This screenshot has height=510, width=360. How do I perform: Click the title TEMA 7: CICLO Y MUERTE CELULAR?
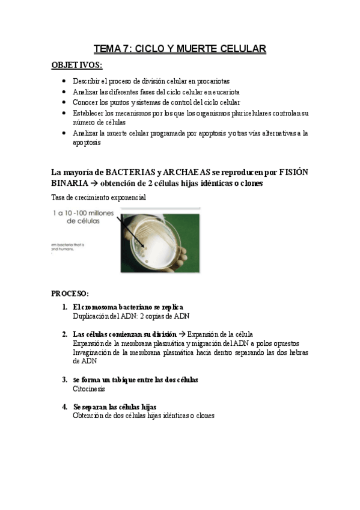180,48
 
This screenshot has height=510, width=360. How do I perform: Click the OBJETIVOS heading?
76,65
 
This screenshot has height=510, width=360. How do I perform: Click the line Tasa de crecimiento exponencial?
99,197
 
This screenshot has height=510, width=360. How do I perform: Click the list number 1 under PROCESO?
64,307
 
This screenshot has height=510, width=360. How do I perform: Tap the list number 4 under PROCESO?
64,407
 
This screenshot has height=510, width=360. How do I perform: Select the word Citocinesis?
89,389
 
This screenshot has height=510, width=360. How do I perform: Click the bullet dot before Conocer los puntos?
65,103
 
